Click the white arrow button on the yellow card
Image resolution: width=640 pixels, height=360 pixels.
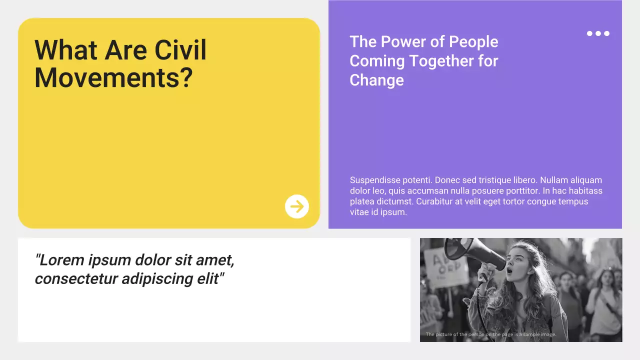[297, 206]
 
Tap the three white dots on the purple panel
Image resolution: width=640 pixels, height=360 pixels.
[598, 33]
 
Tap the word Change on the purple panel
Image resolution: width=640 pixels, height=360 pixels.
[376, 80]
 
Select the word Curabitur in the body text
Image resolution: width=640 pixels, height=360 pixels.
[437, 201]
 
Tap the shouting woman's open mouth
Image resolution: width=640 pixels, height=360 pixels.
[509, 270]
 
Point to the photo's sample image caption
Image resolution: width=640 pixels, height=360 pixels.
[490, 334]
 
